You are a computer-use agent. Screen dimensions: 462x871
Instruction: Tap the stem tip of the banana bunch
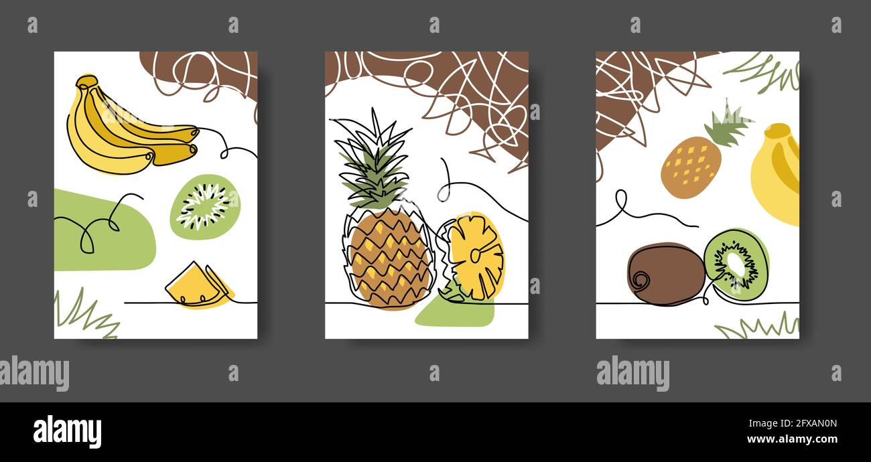(86, 82)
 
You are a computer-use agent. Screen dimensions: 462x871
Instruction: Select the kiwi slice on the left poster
(204, 206)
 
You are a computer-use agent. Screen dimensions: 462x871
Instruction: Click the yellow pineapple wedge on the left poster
(196, 287)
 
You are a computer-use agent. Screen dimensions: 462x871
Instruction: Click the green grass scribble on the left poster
(84, 315)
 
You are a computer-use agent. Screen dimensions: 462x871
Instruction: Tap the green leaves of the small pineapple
(727, 126)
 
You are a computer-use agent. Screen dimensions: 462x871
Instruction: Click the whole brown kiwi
(665, 273)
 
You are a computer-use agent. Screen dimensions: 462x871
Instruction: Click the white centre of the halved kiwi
(736, 263)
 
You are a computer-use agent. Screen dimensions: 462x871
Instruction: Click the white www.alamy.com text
(793, 440)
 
